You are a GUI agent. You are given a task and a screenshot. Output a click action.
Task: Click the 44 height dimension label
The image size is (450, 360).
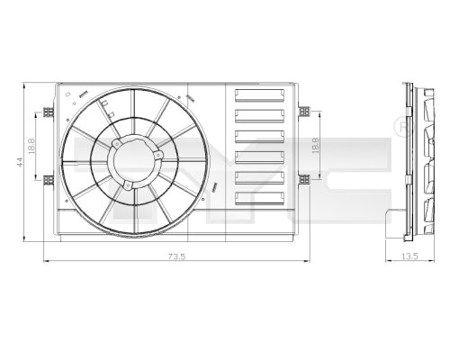[17, 162]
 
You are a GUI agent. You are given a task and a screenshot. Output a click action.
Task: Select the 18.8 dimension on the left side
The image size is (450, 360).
[31, 146]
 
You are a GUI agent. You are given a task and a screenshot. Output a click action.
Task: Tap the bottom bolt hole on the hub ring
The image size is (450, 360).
[128, 186]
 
